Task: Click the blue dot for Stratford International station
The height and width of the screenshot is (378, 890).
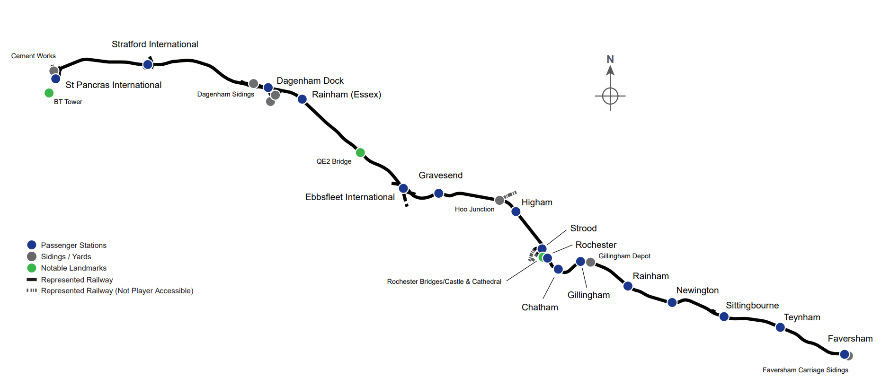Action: pyautogui.click(x=148, y=64)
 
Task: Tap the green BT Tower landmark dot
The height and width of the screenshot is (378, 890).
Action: pyautogui.click(x=49, y=93)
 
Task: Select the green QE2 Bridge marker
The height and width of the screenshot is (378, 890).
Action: pyautogui.click(x=360, y=152)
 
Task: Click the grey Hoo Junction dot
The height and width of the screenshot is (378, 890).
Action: pyautogui.click(x=499, y=200)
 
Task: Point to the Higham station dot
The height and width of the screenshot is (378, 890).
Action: pyautogui.click(x=516, y=211)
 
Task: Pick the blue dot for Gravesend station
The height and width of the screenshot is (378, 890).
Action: pyautogui.click(x=439, y=193)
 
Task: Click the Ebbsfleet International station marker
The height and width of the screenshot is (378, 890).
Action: pyautogui.click(x=403, y=188)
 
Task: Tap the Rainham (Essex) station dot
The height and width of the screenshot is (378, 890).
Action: pyautogui.click(x=302, y=99)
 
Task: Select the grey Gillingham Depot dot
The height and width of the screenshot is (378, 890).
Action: pyautogui.click(x=590, y=262)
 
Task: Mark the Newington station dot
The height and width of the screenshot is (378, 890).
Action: pyautogui.click(x=672, y=302)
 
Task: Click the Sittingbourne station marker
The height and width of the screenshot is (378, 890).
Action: pyautogui.click(x=724, y=316)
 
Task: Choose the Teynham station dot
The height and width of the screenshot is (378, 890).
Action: pyautogui.click(x=780, y=327)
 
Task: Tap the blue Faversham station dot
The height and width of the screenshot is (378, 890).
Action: pyautogui.click(x=844, y=354)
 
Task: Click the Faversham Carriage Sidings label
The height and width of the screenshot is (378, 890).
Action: pyautogui.click(x=805, y=370)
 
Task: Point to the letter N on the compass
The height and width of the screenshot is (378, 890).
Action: pyautogui.click(x=610, y=59)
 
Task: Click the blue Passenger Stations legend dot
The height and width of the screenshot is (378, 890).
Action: pyautogui.click(x=32, y=245)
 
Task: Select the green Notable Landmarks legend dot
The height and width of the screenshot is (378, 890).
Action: pyautogui.click(x=32, y=268)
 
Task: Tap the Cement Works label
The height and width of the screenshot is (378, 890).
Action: pyautogui.click(x=33, y=56)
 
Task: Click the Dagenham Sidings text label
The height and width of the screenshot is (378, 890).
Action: pyautogui.click(x=225, y=94)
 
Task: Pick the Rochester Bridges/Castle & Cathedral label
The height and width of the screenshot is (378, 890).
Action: pyautogui.click(x=444, y=281)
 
